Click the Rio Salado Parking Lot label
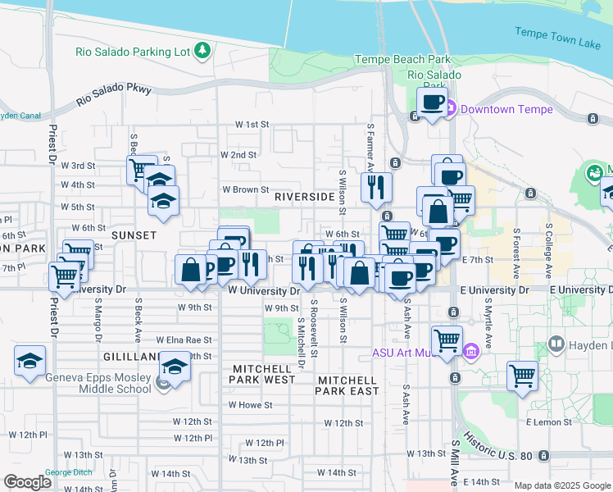click(x=144, y=51)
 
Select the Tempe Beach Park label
click(x=402, y=59)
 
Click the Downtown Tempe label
click(x=506, y=109)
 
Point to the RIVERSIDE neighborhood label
click(x=304, y=198)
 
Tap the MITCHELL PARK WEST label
click(x=263, y=380)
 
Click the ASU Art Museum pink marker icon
click(x=470, y=353)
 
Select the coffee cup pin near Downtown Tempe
click(x=433, y=102)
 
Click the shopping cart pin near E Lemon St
click(x=523, y=376)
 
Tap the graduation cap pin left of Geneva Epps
click(x=30, y=361)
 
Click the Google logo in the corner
click(x=27, y=482)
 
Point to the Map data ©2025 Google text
click(x=561, y=485)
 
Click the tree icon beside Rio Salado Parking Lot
click(x=202, y=52)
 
